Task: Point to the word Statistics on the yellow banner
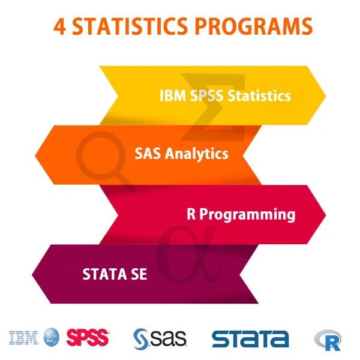262,95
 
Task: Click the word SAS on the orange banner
148,154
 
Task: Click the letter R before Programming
191,214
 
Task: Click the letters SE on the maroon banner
139,275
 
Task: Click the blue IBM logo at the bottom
23,338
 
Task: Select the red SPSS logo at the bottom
88,338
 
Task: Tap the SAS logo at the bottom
160,338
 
